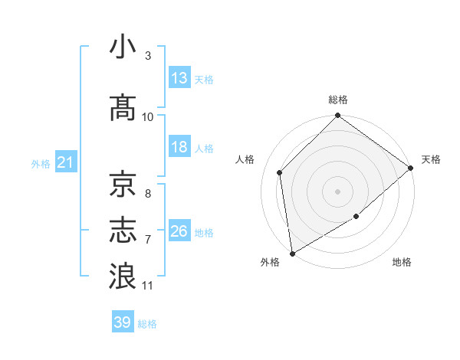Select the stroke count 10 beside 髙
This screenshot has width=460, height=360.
click(148, 117)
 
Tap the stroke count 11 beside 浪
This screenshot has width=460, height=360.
click(148, 286)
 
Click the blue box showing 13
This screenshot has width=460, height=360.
click(179, 78)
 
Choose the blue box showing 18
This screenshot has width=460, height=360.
click(179, 147)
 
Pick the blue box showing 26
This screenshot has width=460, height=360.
click(179, 231)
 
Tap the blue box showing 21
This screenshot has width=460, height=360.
click(65, 162)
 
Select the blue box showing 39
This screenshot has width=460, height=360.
click(123, 322)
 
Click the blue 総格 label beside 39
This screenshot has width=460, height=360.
click(147, 324)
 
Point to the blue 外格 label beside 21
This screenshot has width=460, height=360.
click(41, 163)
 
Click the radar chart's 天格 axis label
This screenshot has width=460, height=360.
click(431, 159)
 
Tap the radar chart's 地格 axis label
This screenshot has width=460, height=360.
click(402, 263)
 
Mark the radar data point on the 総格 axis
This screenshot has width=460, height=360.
click(337, 116)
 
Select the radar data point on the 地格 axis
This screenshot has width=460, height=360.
click(356, 217)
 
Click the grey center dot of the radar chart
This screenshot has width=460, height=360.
click(337, 191)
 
